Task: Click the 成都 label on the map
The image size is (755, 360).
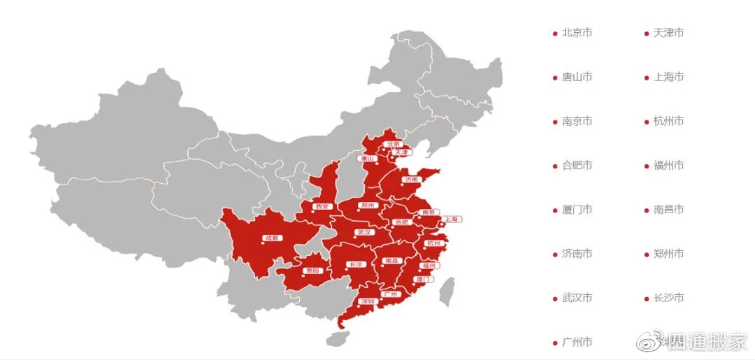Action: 271,238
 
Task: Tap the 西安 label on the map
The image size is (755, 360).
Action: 321,206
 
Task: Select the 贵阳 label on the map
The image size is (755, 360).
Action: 312,271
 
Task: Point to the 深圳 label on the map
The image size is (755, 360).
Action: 368,302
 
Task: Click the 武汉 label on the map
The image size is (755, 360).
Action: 364,232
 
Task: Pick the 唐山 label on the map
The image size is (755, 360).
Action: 368,159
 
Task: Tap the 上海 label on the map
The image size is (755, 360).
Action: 451,219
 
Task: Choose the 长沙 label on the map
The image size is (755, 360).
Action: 355,264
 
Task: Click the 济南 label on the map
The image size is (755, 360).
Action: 411,180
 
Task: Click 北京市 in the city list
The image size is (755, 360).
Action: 577,33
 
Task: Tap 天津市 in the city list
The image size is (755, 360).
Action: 668,33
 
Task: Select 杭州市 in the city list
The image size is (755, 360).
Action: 668,121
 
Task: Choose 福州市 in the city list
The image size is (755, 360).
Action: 668,166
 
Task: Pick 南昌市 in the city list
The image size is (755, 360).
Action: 668,210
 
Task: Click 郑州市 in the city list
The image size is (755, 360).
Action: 668,254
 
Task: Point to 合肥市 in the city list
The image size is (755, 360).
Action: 577,166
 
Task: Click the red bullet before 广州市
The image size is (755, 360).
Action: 555,343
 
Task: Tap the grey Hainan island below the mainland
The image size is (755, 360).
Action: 337,339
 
